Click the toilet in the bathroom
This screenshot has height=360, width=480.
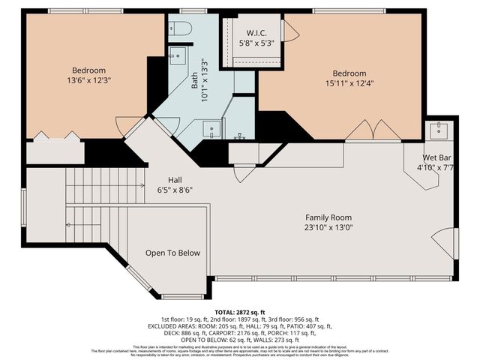point(180,28)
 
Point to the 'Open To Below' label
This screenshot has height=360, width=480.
point(172,253)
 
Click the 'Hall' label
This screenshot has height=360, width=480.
point(175,180)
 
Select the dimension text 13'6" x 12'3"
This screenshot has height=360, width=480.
point(93,78)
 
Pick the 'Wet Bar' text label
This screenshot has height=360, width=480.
point(436,157)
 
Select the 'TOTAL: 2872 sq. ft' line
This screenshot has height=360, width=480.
point(240,310)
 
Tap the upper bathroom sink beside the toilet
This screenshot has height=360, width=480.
point(177,55)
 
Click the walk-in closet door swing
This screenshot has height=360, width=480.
point(289,31)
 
